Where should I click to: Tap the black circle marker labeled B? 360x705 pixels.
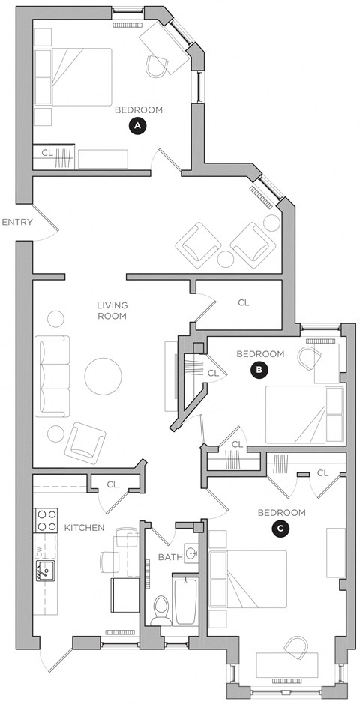[x=259, y=369]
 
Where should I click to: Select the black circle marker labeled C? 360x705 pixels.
[x=280, y=529]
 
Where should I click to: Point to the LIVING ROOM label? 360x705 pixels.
[x=112, y=310]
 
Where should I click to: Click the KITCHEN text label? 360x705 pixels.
[x=83, y=528]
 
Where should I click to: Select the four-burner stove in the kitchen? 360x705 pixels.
[x=47, y=520]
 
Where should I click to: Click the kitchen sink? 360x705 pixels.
[x=44, y=571]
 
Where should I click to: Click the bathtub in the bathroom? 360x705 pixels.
[x=184, y=601]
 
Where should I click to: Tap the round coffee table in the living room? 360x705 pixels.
[x=103, y=376]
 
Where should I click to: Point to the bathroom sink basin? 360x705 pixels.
[x=191, y=554]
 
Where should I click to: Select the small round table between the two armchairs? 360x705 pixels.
[x=226, y=259]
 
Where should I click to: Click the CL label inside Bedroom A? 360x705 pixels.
[x=47, y=152]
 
